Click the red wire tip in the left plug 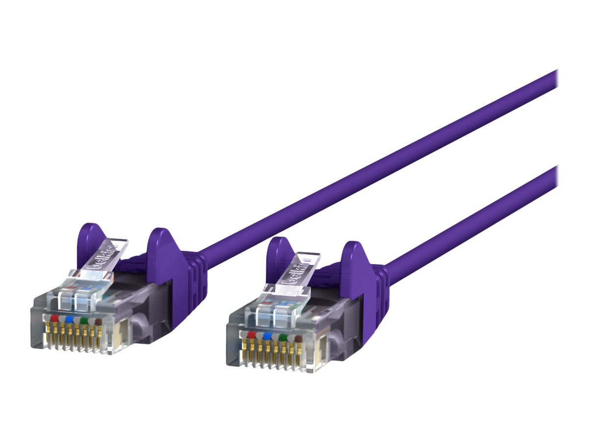[54, 318]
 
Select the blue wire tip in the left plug [69, 319]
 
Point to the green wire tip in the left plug [84, 321]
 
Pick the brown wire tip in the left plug [99, 322]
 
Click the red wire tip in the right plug [251, 334]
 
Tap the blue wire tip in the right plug [267, 335]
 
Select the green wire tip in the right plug [282, 337]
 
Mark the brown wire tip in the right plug [297, 338]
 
